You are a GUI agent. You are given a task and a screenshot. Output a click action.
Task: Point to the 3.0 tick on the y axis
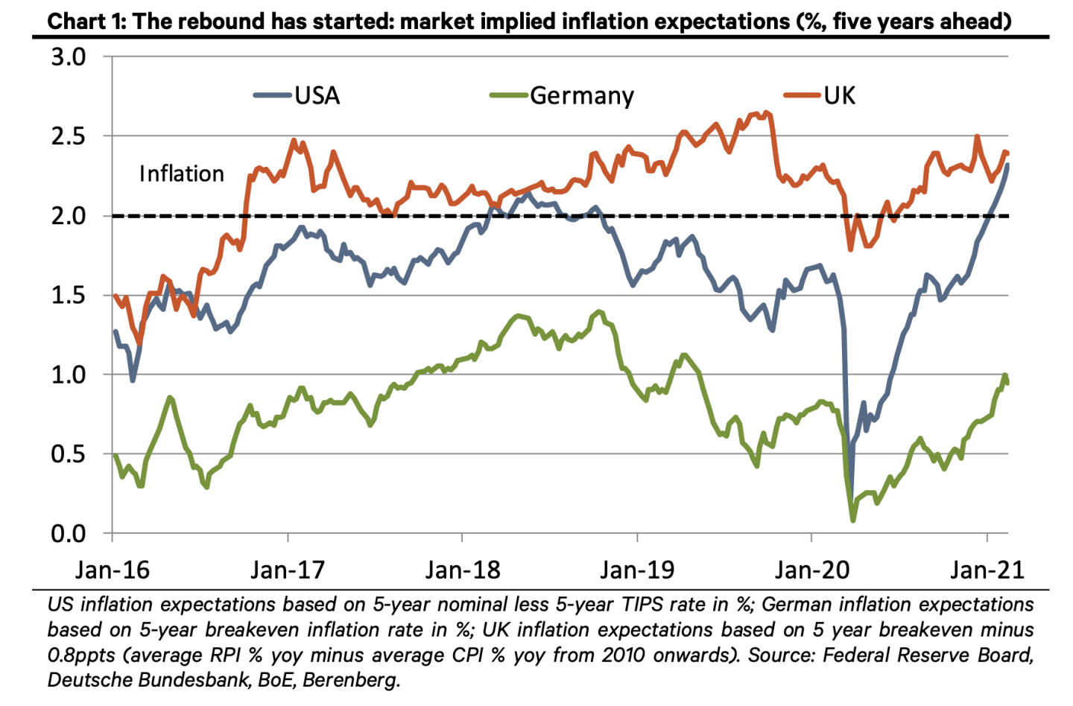pyautogui.click(x=69, y=57)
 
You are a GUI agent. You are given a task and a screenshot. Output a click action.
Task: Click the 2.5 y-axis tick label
pyautogui.click(x=69, y=136)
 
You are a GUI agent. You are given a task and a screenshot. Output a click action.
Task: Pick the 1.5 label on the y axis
pyautogui.click(x=69, y=295)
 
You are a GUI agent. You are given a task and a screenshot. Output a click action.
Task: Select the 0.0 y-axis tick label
pyautogui.click(x=69, y=533)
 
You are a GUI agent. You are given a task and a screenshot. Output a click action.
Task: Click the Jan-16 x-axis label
pyautogui.click(x=113, y=570)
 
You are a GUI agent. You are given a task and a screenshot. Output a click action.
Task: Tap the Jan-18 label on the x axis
pyautogui.click(x=463, y=570)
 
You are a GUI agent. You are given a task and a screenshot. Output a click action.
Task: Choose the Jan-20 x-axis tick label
pyautogui.click(x=812, y=570)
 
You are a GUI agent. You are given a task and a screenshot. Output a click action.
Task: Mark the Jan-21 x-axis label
pyautogui.click(x=987, y=570)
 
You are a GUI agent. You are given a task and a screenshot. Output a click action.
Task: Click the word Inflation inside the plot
pyautogui.click(x=181, y=174)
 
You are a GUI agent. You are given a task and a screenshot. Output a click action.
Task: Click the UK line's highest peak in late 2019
pyautogui.click(x=767, y=112)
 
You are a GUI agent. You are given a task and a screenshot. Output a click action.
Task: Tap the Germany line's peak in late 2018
pyautogui.click(x=598, y=311)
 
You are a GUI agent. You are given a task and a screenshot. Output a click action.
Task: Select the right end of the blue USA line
pyautogui.click(x=1007, y=165)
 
